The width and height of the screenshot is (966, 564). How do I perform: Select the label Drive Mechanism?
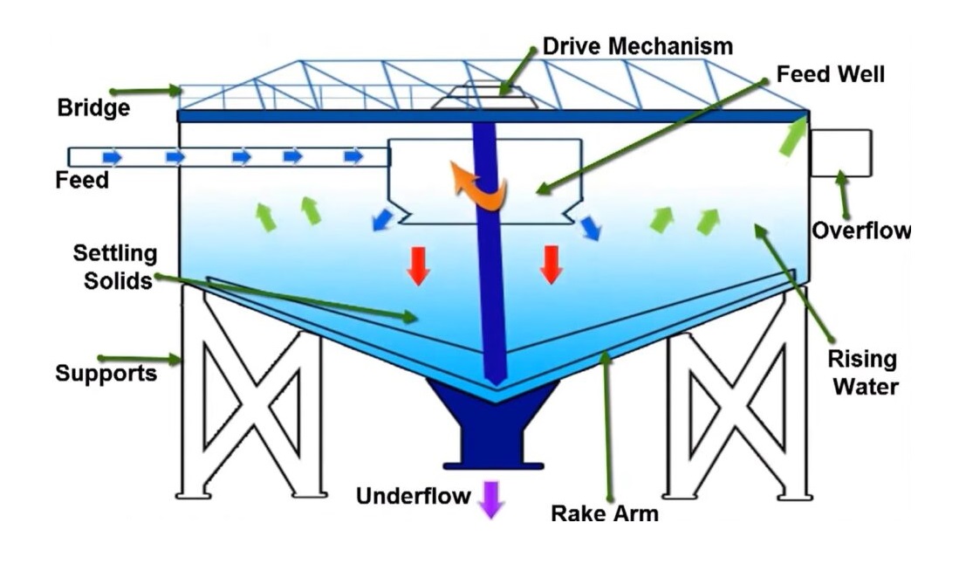(637, 46)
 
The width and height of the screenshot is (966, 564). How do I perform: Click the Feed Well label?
(830, 74)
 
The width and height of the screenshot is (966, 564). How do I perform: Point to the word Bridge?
(93, 108)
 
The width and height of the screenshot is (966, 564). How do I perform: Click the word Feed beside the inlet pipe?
(82, 181)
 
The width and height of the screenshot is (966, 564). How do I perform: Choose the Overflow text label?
(860, 231)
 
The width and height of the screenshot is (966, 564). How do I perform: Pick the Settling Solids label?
(115, 267)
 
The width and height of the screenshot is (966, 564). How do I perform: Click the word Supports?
(106, 374)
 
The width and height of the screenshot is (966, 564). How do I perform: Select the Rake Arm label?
(604, 512)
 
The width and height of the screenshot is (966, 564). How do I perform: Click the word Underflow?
(413, 497)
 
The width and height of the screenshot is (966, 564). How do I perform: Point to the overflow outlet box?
(839, 153)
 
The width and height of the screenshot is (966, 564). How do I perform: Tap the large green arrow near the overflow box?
(792, 137)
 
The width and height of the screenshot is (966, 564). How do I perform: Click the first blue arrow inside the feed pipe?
(113, 157)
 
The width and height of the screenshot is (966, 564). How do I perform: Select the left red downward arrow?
(419, 265)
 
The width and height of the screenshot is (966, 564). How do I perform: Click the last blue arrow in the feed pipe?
(353, 157)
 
